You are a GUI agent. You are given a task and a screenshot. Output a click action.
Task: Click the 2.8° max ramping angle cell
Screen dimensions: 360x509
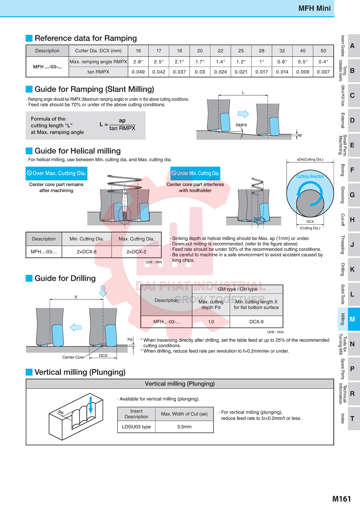pos(138,62)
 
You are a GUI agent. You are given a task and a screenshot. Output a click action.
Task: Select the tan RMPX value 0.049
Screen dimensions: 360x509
pos(138,72)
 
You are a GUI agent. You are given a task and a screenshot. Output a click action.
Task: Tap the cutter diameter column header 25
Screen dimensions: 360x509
pos(241,51)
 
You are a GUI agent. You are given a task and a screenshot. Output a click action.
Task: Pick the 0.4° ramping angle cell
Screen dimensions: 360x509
pos(323,62)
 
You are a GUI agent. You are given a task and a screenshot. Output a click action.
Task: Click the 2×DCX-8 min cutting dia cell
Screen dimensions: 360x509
pos(87,252)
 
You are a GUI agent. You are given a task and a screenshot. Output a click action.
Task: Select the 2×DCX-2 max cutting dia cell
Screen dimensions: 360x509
pos(136,252)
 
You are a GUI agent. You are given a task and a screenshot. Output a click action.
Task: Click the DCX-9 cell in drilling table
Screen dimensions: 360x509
pos(256,321)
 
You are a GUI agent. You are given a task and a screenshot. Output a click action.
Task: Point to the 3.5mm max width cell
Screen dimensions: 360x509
pos(184,427)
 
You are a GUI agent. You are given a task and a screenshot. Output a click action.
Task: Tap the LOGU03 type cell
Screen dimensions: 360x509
pos(136,427)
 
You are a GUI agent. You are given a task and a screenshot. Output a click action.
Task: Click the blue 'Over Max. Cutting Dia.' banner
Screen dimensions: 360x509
pos(57,173)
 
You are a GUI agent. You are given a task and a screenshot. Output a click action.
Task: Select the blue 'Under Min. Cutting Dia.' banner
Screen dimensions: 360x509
pos(195,173)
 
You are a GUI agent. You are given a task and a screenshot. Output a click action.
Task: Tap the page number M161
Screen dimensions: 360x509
pos(342,499)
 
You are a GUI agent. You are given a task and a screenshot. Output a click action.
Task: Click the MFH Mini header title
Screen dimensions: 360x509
pos(314,8)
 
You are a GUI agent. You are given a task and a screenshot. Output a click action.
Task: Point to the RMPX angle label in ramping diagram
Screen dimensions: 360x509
pos(241,125)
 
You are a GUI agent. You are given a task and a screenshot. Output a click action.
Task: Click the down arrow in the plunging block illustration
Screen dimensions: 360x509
pos(91,405)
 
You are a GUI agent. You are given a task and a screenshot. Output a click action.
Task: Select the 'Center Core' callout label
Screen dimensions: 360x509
pos(73,357)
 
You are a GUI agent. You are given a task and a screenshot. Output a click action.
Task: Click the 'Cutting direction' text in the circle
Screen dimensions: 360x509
pos(310,176)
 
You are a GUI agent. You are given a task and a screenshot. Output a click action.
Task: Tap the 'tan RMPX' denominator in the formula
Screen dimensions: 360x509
pos(122,128)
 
